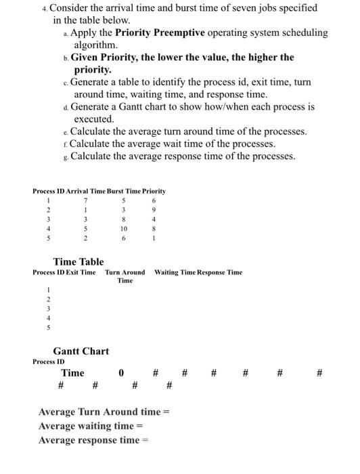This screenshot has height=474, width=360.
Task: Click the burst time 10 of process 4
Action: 123,228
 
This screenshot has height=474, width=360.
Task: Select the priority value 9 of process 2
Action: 154,209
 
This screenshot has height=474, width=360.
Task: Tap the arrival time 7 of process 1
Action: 86,200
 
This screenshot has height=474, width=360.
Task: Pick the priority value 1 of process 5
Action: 154,238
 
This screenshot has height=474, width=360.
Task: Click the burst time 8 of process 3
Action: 123,219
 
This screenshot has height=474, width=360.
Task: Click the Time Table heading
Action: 78,261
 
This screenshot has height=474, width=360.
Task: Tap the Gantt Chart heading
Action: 81,351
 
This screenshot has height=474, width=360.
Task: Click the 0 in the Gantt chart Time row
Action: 121,372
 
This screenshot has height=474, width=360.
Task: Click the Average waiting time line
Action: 91,426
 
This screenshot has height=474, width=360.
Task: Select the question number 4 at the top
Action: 43,7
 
